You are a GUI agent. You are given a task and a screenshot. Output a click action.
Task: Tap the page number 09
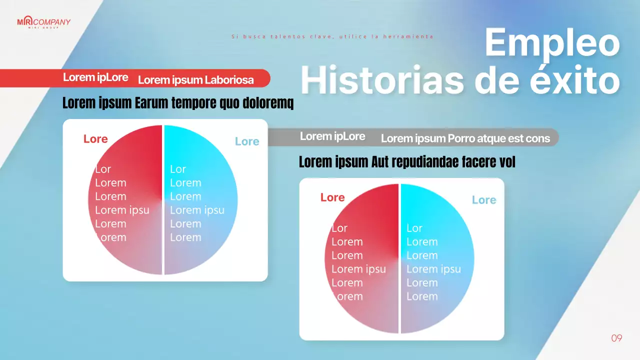point(616,338)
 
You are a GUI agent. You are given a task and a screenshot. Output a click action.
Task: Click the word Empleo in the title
point(552,43)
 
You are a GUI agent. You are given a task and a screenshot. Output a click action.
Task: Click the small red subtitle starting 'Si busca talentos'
point(332,36)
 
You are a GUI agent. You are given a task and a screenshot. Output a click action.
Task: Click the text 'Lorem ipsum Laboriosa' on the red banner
point(195,80)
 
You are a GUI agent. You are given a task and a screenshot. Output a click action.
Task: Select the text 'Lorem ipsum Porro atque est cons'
point(465,138)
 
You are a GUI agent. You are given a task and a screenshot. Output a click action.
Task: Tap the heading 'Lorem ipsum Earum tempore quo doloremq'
point(178,103)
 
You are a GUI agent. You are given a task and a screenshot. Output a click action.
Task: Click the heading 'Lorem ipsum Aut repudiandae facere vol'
point(407,162)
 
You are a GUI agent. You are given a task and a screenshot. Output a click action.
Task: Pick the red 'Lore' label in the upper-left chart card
point(95,139)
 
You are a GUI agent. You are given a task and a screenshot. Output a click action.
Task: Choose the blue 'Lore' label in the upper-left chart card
point(247,141)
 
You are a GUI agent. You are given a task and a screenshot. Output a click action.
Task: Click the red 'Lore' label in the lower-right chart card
point(332,197)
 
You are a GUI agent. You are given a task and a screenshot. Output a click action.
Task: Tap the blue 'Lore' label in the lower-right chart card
point(484,200)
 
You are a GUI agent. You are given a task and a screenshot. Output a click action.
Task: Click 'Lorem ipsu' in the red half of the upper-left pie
point(122,210)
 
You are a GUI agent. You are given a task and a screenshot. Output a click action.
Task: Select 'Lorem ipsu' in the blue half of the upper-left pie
point(197,210)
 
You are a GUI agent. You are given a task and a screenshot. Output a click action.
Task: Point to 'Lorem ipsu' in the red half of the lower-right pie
point(358,269)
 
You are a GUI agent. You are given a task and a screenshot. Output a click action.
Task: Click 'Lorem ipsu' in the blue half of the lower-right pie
point(433,269)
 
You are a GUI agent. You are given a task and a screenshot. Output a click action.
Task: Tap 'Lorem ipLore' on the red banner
point(95,77)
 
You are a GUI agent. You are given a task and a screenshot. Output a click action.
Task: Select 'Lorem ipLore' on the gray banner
point(332,136)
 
